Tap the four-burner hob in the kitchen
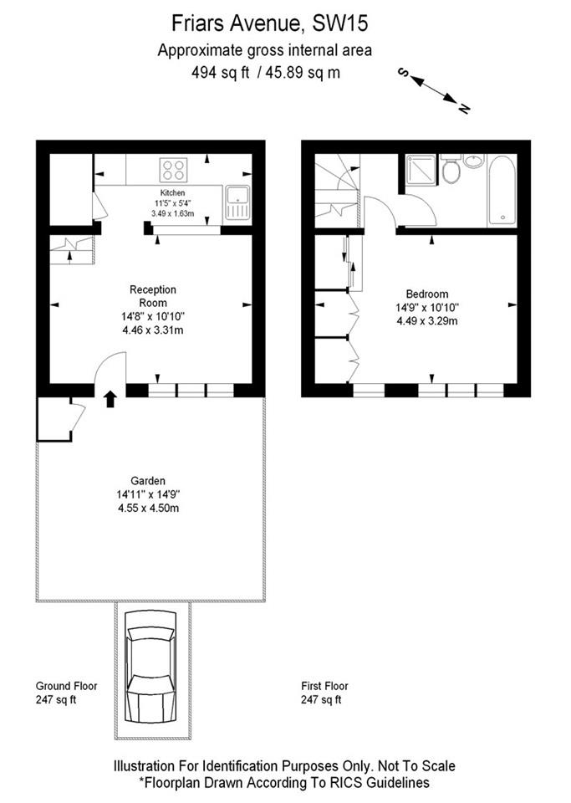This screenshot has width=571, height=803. pos(174,170)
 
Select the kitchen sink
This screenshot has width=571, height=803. pos(237,202)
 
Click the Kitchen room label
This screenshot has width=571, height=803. pos(172,193)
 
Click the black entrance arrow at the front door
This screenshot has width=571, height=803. pos(110,399)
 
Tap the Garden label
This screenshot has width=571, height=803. pos(147,480)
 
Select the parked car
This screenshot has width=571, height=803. pos(150,668)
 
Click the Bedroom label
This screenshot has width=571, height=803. pos(427,294)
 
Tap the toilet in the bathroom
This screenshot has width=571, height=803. pos(451,171)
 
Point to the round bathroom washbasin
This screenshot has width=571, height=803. pos(474,161)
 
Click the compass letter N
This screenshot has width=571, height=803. pos(464,108)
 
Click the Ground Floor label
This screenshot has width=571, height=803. pos(66,686)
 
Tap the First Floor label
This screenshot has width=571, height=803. pos(325,686)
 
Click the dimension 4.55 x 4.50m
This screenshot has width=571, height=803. pos(150,507)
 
